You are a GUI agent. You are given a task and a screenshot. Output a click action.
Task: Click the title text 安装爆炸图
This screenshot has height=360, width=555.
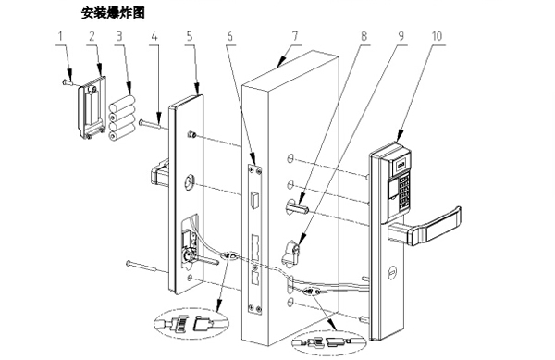114,13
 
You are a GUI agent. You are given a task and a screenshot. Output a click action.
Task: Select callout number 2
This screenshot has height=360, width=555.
92,36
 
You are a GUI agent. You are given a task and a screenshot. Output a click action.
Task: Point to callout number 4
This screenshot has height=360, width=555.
154,36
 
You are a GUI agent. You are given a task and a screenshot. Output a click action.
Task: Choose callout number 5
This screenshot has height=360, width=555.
189,36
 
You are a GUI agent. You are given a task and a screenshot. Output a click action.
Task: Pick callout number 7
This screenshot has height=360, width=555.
294,36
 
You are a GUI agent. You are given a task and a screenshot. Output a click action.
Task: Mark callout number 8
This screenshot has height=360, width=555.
364,36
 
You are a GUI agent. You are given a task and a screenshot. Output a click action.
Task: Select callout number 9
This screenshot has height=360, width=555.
401,36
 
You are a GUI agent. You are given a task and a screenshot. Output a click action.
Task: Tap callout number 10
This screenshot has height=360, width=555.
437,36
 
